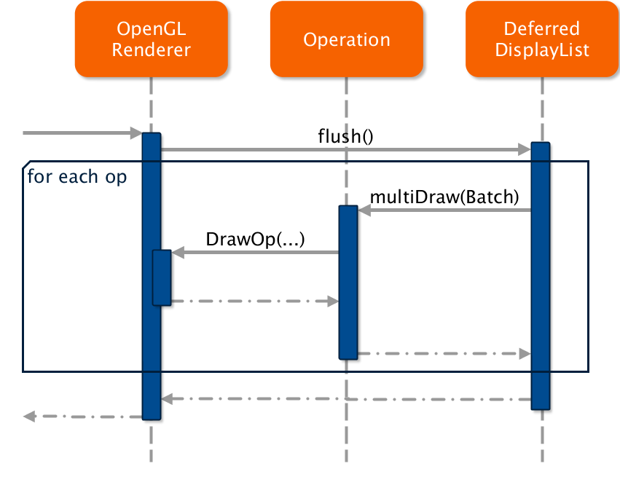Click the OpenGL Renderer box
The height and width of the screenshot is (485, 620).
pos(151,39)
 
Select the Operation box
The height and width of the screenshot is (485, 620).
pos(346,39)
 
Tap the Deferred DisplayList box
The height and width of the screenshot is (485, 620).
pos(541,39)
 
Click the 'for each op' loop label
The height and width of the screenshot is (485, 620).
pos(76,177)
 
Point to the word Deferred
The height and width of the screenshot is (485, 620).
pos(541,29)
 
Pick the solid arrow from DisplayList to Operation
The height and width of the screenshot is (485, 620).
pos(444,210)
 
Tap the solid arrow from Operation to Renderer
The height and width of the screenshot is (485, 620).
pos(255,253)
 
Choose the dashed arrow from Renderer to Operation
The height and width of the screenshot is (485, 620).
pos(255,301)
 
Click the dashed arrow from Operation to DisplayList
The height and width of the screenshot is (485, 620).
pos(444,353)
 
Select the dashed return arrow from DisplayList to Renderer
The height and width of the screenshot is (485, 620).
pos(346,399)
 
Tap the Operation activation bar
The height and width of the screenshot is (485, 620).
pos(348,283)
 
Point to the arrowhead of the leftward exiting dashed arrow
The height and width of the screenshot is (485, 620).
pos(29,417)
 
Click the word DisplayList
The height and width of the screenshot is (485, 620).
pos(541,50)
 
